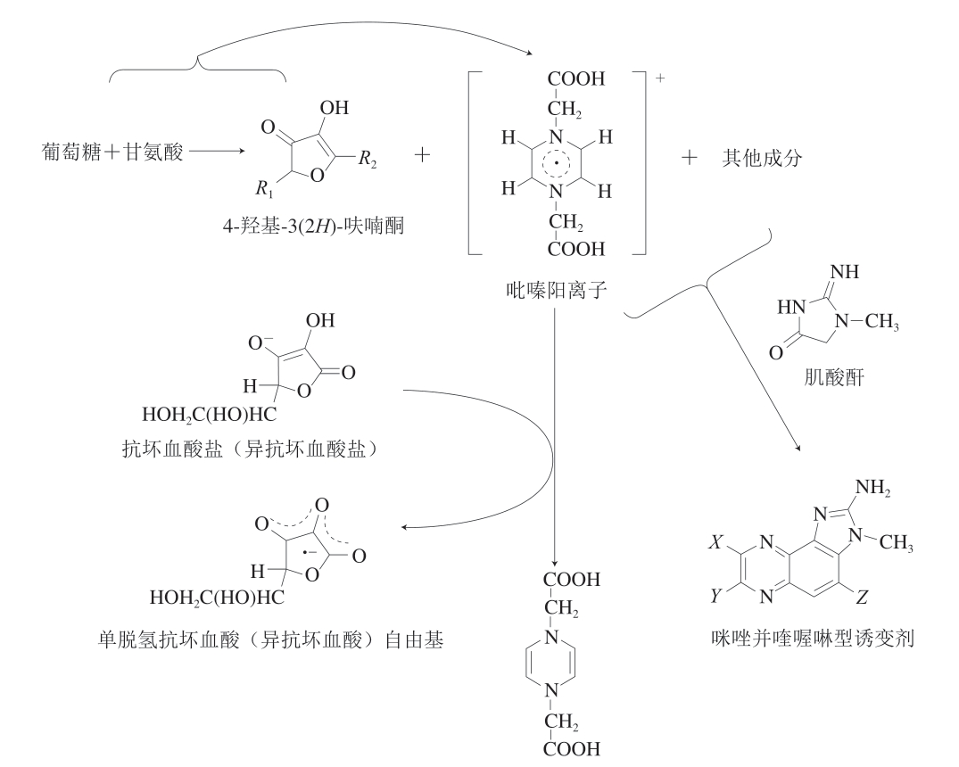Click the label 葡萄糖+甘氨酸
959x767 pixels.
(x=112, y=153)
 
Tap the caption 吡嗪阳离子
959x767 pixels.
(x=555, y=289)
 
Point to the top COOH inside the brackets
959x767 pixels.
(x=575, y=80)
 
